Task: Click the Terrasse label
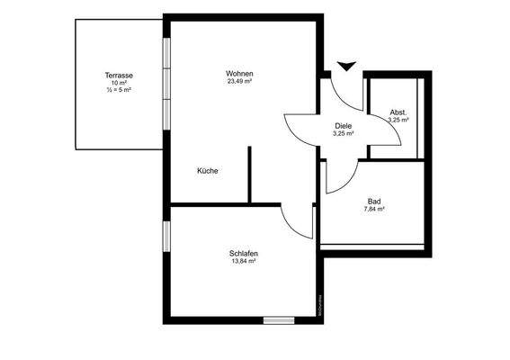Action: [x=119, y=75]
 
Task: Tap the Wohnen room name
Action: [x=239, y=73]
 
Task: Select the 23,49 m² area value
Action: [x=239, y=81]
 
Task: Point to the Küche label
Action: [x=208, y=170]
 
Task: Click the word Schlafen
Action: [x=244, y=255]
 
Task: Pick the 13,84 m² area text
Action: [x=244, y=263]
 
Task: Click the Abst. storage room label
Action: [x=398, y=112]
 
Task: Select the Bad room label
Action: [x=374, y=201]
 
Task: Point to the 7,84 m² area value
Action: [x=374, y=209]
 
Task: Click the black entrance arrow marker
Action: [x=345, y=64]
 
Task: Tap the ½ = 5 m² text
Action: [x=119, y=90]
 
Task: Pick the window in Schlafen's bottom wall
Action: [x=278, y=319]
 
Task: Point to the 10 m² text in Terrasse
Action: [x=119, y=83]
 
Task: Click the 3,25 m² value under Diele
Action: [x=343, y=133]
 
